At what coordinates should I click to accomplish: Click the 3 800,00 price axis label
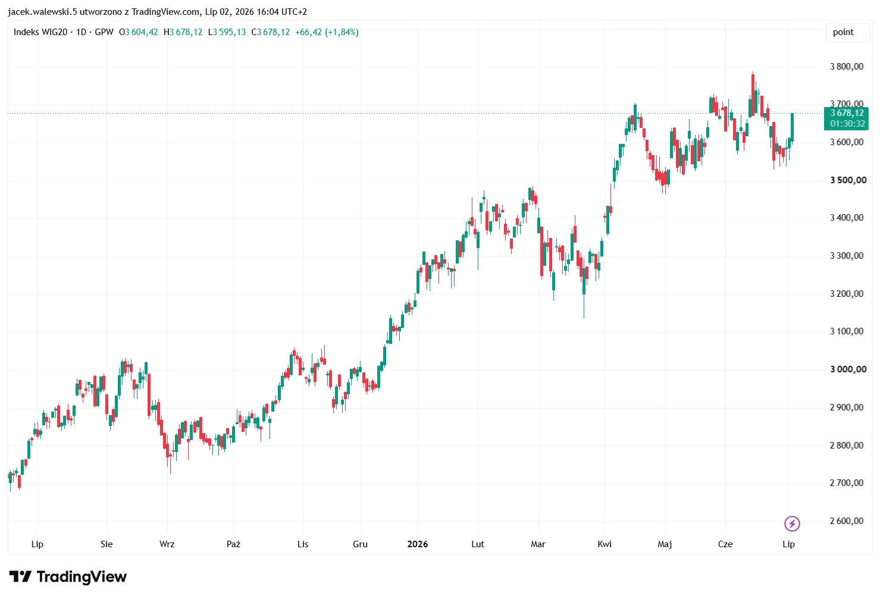pos(847,67)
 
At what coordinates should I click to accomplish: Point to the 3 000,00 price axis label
pos(848,369)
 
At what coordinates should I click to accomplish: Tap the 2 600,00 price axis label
pos(847,521)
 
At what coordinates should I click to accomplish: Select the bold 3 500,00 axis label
pos(848,180)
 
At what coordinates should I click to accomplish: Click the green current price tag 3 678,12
pos(846,118)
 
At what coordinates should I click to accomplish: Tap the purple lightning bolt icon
pos(792,523)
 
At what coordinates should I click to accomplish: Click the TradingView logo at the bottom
pos(68,576)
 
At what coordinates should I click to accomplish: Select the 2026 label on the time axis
pos(418,544)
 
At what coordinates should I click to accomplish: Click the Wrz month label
pos(167,544)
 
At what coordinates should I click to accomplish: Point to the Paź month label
pos(233,544)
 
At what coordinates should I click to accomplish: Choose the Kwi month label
pos(605,544)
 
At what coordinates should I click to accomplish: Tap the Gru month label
pos(360,544)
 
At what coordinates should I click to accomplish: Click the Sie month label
pos(107,544)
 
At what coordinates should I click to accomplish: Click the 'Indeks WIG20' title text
pos(40,32)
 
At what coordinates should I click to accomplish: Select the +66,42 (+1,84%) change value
pos(327,32)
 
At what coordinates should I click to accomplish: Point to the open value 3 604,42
pos(142,32)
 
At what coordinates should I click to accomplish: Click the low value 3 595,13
pos(230,32)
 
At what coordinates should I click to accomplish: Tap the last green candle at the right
pos(793,127)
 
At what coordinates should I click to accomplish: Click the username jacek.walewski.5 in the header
pos(42,12)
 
